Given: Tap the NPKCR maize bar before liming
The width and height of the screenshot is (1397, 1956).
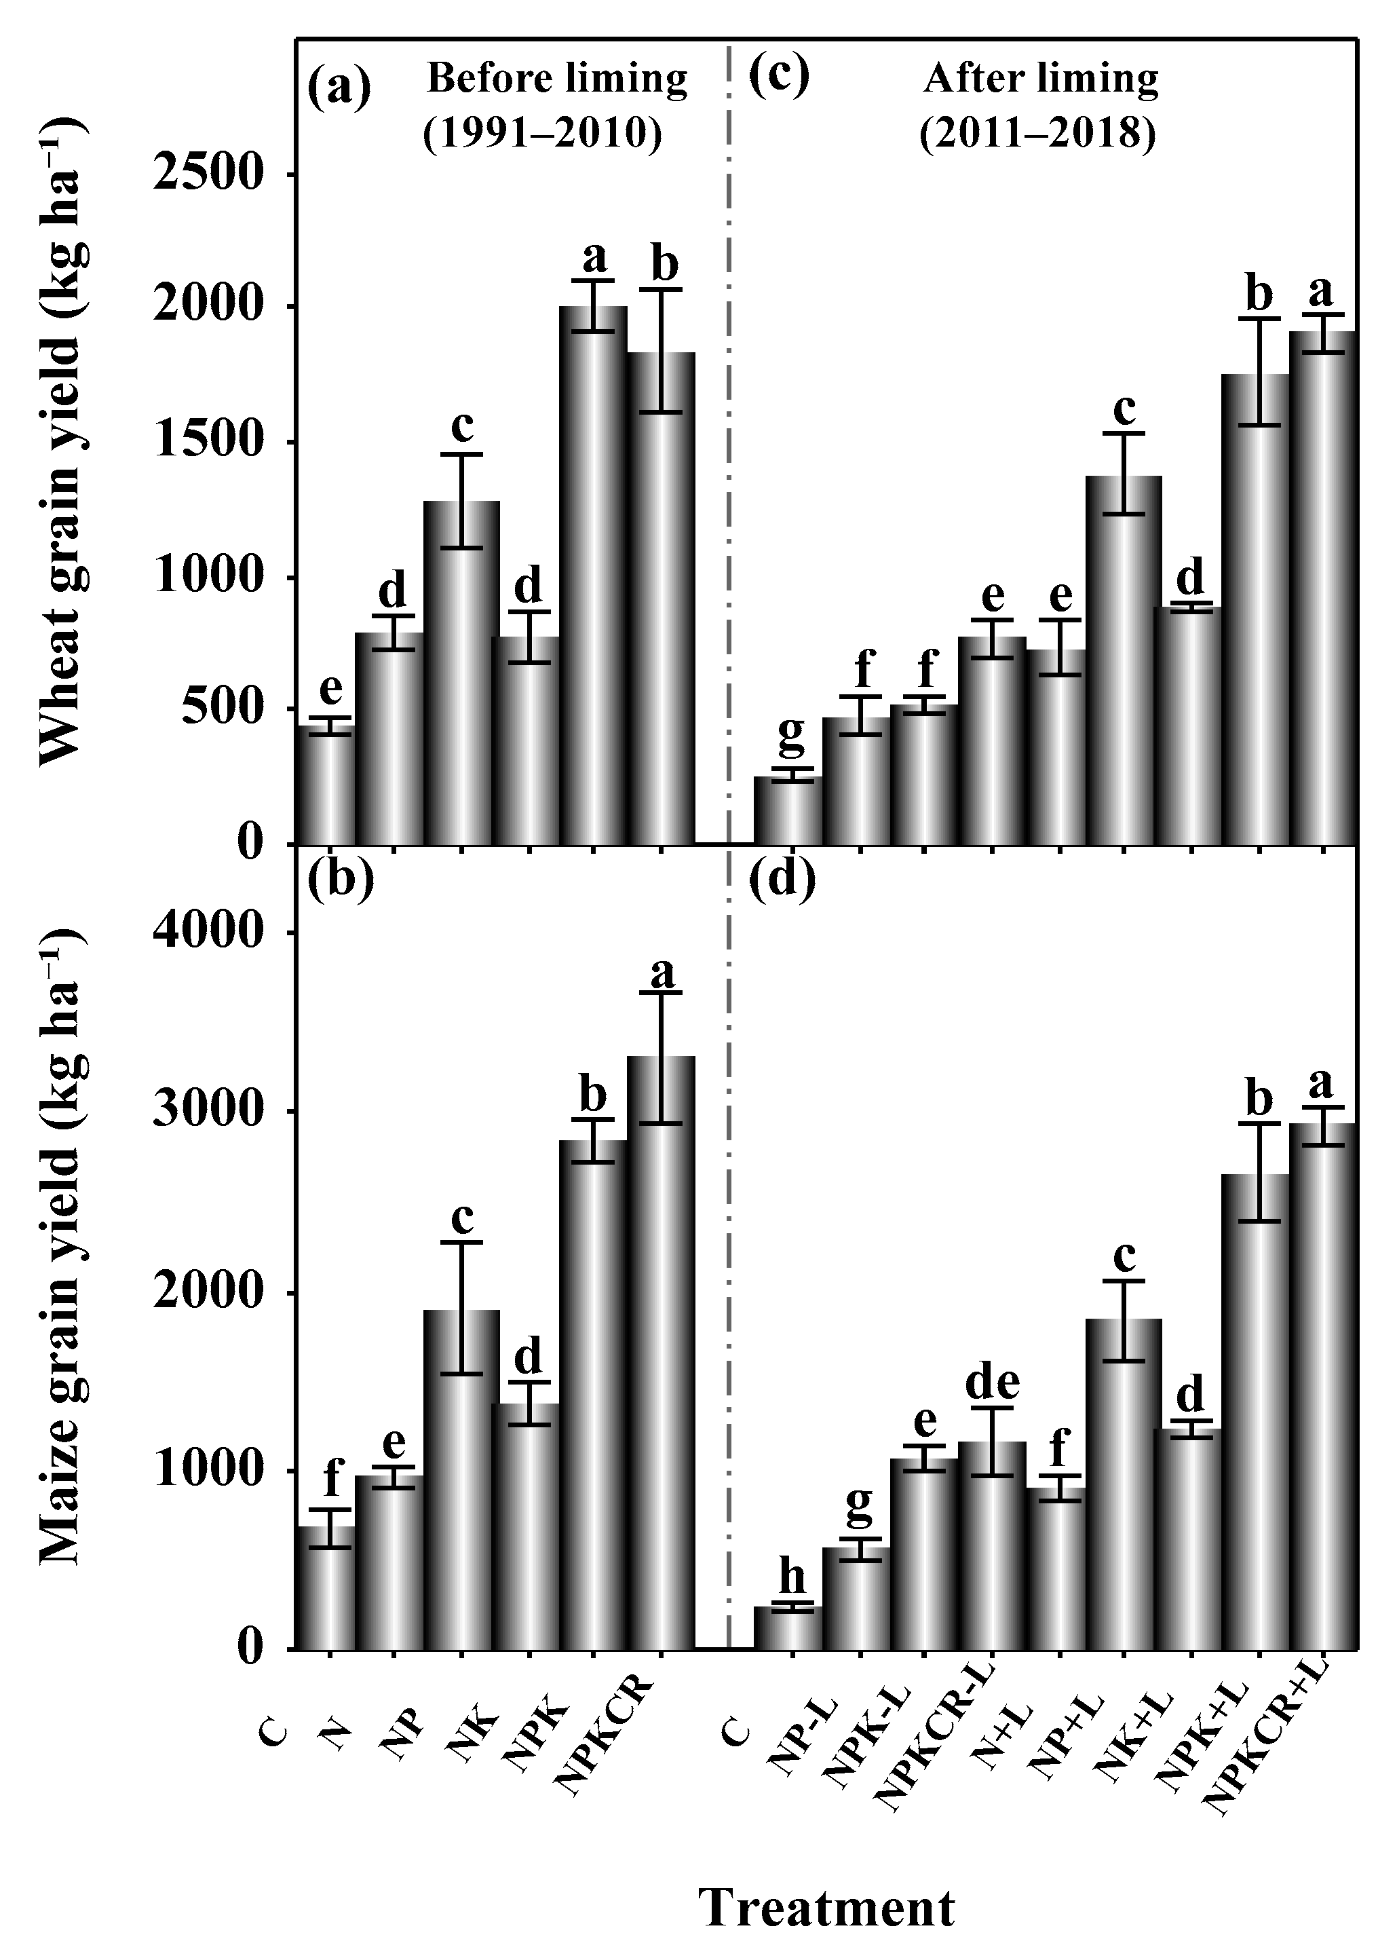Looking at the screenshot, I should pos(661,1351).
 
